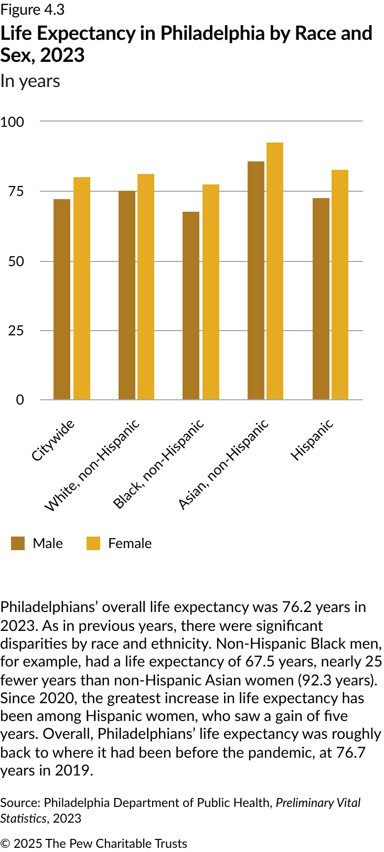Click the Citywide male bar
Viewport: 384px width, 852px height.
(62, 299)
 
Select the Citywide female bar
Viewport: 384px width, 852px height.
(82, 288)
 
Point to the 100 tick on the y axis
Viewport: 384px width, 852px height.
(13, 122)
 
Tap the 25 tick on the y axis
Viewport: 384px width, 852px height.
(16, 331)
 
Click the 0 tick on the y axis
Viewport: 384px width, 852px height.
(20, 400)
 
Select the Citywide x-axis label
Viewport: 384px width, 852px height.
(53, 440)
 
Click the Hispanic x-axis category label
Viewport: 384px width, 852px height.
(312, 440)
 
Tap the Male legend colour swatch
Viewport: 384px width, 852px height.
(18, 543)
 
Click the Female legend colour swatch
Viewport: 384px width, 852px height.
(93, 543)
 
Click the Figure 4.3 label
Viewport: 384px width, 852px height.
(33, 9)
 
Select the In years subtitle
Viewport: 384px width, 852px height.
(30, 81)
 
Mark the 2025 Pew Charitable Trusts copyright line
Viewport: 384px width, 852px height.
(94, 844)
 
